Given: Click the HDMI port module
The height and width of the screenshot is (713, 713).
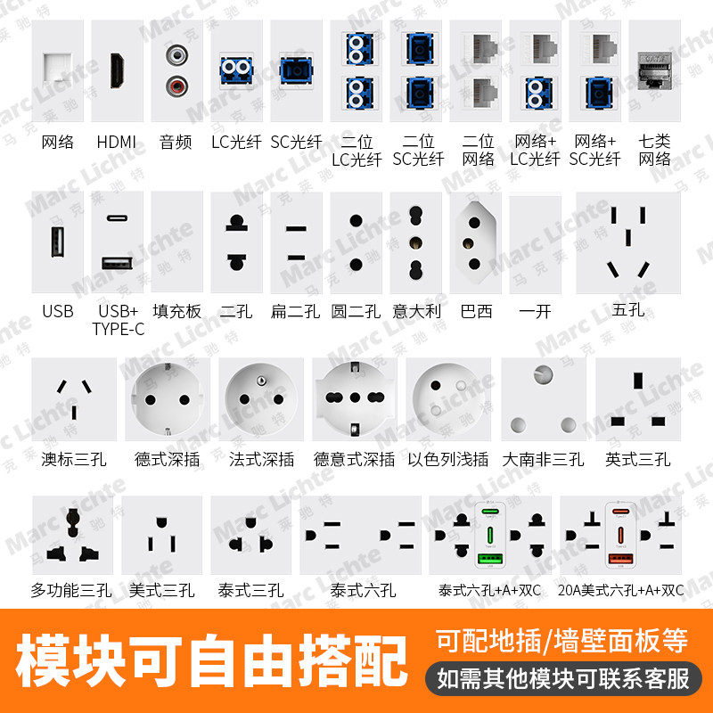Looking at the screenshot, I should [117, 71].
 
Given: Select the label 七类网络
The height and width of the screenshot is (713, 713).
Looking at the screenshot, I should [655, 151].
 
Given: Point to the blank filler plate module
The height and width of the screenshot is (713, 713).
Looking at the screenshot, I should [176, 242].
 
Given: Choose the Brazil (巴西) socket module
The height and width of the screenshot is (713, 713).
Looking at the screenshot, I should [476, 242].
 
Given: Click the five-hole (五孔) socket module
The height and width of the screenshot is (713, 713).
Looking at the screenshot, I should [627, 242].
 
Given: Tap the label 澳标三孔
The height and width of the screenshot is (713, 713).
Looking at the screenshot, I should [74, 460].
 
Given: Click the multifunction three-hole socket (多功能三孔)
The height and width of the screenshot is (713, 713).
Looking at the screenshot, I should [71, 535].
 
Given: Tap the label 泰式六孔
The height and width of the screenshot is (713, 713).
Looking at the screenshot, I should [362, 590].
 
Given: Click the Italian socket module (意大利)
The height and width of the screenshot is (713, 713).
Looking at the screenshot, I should [415, 242].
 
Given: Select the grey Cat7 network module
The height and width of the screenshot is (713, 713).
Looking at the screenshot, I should [655, 71].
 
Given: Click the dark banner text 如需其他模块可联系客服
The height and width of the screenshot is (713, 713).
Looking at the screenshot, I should [563, 678].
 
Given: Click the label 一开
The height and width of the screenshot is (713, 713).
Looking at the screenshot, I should [535, 311].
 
